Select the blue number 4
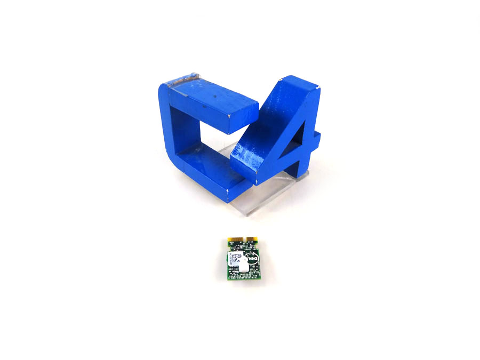[x=277, y=133]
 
